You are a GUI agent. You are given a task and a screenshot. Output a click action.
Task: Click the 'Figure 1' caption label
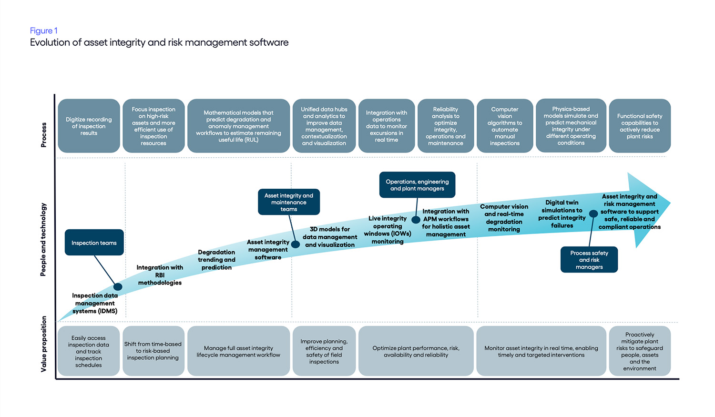tap(43, 31)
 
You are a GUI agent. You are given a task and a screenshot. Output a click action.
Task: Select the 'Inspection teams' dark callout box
tap(94, 243)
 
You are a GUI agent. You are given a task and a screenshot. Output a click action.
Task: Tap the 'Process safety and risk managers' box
tap(589, 260)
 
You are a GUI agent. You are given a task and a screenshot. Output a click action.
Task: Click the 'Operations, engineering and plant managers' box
tap(417, 185)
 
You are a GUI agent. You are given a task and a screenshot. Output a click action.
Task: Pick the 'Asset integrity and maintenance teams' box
tap(288, 202)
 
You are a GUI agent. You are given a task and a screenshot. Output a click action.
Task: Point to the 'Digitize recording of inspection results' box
tap(89, 126)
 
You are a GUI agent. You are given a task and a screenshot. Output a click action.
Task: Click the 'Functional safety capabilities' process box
tap(640, 126)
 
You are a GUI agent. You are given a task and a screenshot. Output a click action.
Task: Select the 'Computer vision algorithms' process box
tap(505, 126)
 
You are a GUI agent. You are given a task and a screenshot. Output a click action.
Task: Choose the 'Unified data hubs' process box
tap(324, 126)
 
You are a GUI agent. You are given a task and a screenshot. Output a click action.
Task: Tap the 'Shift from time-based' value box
tap(153, 351)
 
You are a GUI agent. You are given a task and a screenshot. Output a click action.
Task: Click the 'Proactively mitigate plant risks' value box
tap(640, 351)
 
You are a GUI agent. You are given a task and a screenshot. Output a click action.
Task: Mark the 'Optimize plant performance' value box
tap(416, 351)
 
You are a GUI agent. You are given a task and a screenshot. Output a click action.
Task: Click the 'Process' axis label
tap(44, 135)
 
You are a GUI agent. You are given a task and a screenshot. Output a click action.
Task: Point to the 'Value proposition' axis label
tap(44, 344)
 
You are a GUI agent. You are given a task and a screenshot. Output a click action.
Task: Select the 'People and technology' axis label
tap(43, 240)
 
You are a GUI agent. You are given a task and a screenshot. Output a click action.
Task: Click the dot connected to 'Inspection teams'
tap(118, 287)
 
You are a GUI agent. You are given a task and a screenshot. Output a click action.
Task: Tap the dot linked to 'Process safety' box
tap(593, 214)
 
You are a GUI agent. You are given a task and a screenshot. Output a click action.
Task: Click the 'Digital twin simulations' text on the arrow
tap(562, 214)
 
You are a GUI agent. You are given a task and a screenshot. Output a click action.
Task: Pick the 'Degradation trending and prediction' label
tap(216, 260)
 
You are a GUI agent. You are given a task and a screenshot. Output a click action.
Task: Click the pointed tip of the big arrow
tap(670, 203)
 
